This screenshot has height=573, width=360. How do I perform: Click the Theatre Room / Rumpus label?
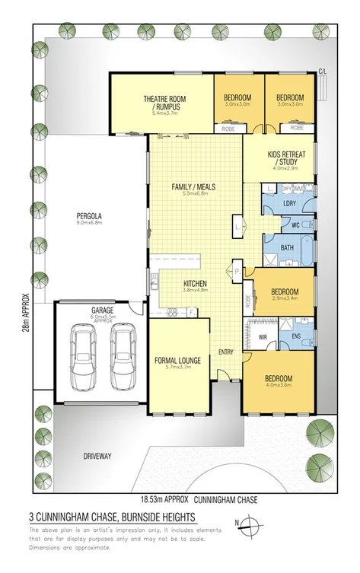tap(161, 103)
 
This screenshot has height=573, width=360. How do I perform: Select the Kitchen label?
tap(196, 284)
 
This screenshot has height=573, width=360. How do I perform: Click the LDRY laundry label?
tap(289, 203)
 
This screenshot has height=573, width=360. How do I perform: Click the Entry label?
tap(226, 352)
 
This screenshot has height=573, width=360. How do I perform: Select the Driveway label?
tap(97, 457)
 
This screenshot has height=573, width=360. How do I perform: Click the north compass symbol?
tap(254, 523)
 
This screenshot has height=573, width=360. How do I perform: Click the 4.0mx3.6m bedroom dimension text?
tap(279, 387)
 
